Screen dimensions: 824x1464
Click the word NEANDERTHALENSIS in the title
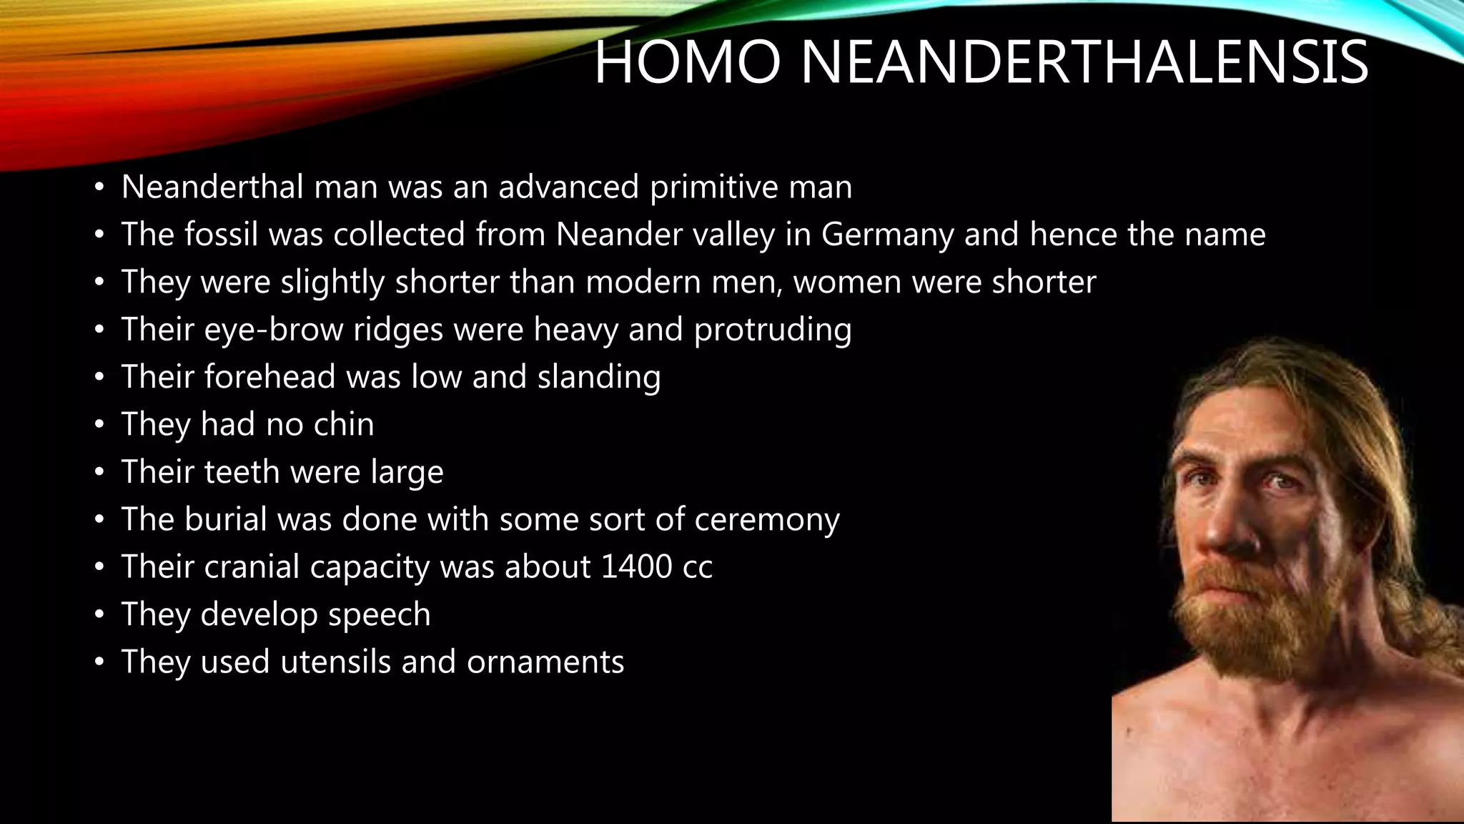(1084, 63)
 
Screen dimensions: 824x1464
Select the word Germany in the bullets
(887, 235)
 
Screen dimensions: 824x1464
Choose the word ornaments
(545, 662)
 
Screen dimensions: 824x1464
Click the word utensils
(335, 662)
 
